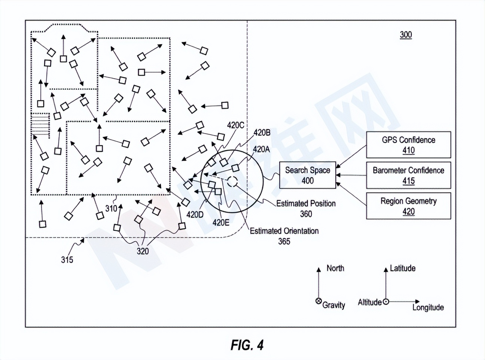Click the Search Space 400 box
click(x=307, y=175)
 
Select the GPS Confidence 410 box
click(x=408, y=145)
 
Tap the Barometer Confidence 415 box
click(x=408, y=176)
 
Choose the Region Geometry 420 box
click(x=408, y=206)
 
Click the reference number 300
click(x=406, y=35)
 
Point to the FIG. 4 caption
click(x=247, y=345)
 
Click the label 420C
click(x=235, y=125)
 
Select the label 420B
click(x=262, y=133)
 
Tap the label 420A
click(x=261, y=149)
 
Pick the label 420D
click(x=195, y=215)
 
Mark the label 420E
click(x=221, y=223)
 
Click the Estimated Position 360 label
click(x=306, y=208)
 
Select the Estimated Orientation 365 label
click(x=284, y=236)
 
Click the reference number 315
click(x=67, y=260)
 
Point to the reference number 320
click(x=143, y=251)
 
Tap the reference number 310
click(x=111, y=208)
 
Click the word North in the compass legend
click(x=335, y=268)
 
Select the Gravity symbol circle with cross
click(x=318, y=301)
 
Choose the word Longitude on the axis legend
click(x=428, y=308)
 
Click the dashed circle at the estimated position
click(x=232, y=182)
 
